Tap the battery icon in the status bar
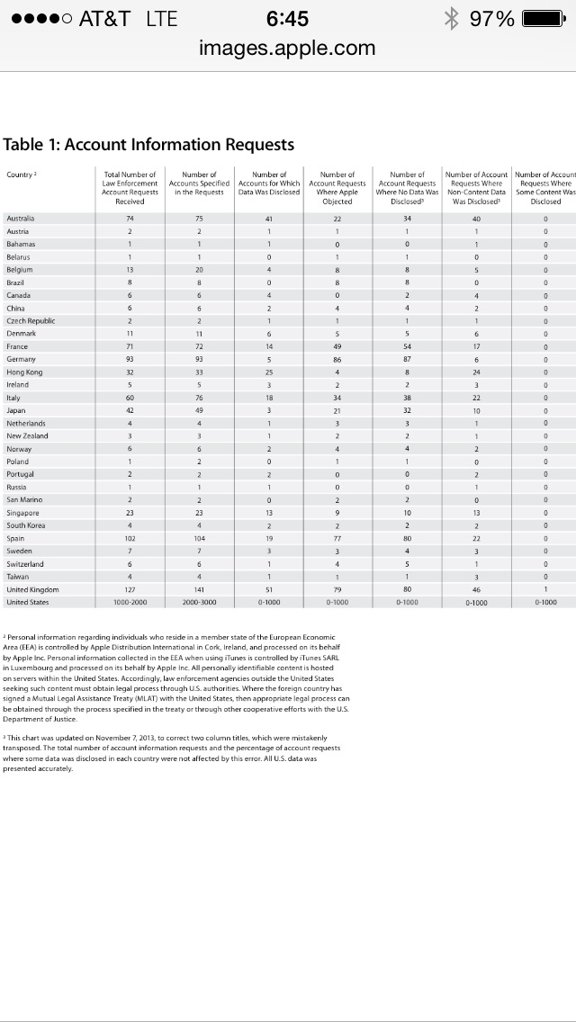click(543, 19)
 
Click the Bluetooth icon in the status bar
click(454, 19)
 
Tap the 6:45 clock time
click(288, 19)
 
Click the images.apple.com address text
click(288, 48)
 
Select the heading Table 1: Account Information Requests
click(148, 144)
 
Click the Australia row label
click(21, 219)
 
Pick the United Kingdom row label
click(32, 589)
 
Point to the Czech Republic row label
click(31, 321)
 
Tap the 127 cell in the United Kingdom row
click(130, 589)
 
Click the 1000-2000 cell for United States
click(130, 603)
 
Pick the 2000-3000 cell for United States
click(199, 603)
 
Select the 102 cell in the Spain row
click(130, 539)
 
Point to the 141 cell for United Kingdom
click(199, 589)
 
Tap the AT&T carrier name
click(105, 19)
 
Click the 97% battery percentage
click(492, 19)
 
